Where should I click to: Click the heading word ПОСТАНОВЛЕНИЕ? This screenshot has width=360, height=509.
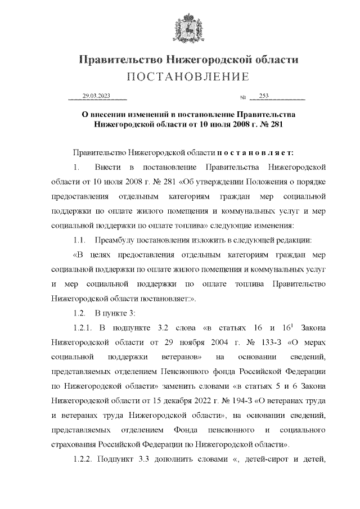point(181,76)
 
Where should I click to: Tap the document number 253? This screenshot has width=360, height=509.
point(264,96)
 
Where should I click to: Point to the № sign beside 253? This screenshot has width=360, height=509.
point(243,97)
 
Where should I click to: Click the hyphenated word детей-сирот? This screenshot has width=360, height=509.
point(270,460)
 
